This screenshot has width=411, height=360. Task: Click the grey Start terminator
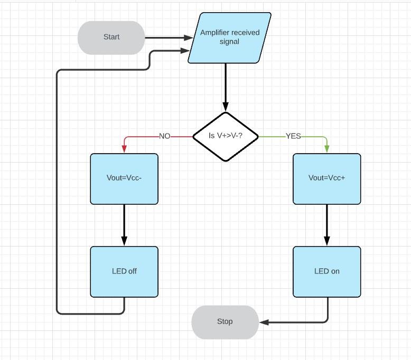coord(111,37)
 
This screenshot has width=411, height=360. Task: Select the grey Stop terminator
coord(225,321)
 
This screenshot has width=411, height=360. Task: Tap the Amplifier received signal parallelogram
coord(229,37)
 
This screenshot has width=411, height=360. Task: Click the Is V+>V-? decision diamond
coord(226,136)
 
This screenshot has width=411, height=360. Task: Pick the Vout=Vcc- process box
coord(124,178)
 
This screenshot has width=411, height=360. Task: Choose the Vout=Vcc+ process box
coord(327,178)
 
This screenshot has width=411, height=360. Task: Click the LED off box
coord(124,271)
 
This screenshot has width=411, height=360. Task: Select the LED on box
coord(327,271)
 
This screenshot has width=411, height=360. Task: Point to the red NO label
coord(165,136)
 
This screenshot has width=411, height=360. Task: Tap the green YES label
coord(293,136)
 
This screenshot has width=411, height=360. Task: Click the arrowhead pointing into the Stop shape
coord(264,322)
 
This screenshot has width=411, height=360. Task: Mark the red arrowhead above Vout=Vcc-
coord(124,149)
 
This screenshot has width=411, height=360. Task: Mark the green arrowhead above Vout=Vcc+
coord(327,149)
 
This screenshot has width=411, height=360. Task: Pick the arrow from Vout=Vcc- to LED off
coord(124,224)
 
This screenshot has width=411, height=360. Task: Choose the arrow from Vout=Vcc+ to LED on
coord(327,224)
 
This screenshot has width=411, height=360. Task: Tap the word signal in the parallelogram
coord(229,42)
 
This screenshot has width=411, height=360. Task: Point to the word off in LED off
coord(132,271)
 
